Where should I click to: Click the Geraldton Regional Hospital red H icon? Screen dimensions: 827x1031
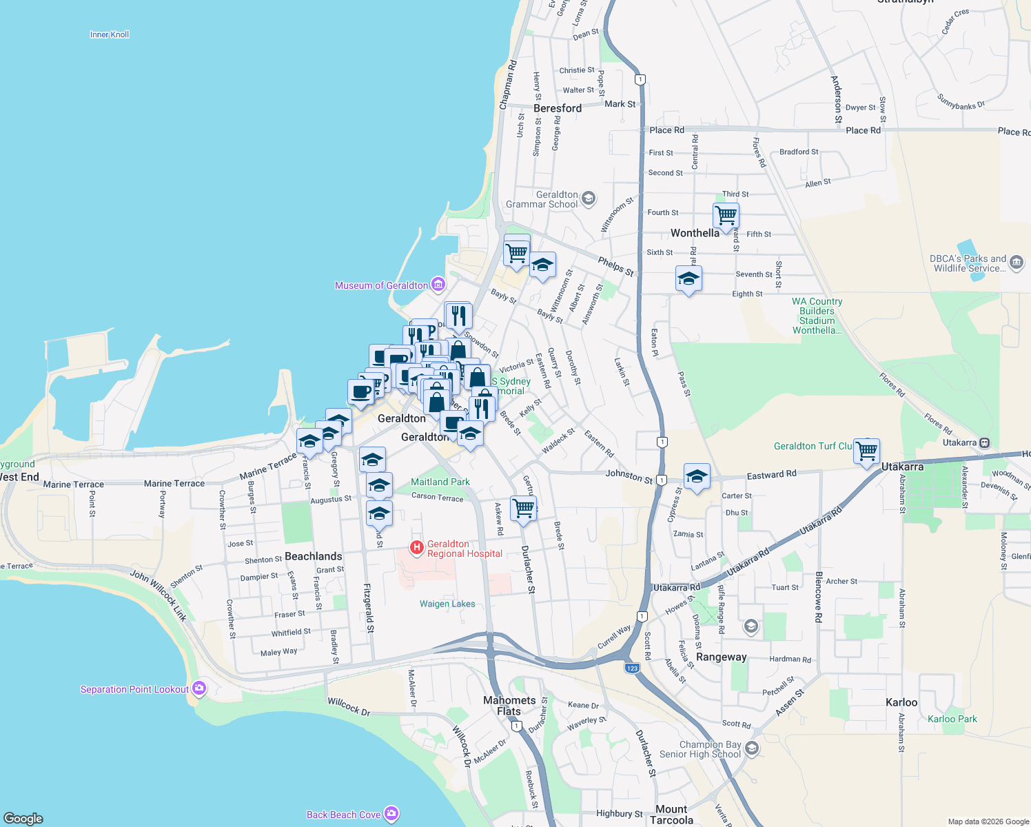click(x=416, y=548)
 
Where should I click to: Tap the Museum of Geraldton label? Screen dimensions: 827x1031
click(x=381, y=285)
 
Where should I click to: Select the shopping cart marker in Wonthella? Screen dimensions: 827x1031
click(x=726, y=216)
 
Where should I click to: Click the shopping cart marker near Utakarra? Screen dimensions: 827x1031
click(x=867, y=451)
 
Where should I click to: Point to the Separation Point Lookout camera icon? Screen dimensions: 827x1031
click(x=199, y=688)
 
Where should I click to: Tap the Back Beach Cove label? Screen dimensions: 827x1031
click(x=343, y=815)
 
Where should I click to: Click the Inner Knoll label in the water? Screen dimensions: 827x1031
click(x=110, y=34)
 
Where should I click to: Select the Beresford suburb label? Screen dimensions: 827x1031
click(x=558, y=108)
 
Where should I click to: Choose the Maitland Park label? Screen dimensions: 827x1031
click(x=440, y=482)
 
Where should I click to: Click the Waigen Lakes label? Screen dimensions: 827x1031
click(x=447, y=604)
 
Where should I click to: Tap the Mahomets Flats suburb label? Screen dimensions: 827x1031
click(x=509, y=705)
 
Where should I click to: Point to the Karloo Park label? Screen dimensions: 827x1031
click(x=952, y=719)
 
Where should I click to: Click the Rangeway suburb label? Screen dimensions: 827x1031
click(x=721, y=657)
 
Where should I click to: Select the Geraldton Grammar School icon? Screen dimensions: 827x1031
click(x=588, y=199)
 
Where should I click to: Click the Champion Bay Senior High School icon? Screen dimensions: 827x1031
click(x=752, y=748)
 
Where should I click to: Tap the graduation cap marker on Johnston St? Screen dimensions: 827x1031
click(x=697, y=476)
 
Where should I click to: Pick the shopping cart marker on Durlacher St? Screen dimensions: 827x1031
click(x=524, y=509)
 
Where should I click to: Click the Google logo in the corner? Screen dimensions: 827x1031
click(x=23, y=818)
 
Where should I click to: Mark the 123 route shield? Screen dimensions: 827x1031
click(x=633, y=668)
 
